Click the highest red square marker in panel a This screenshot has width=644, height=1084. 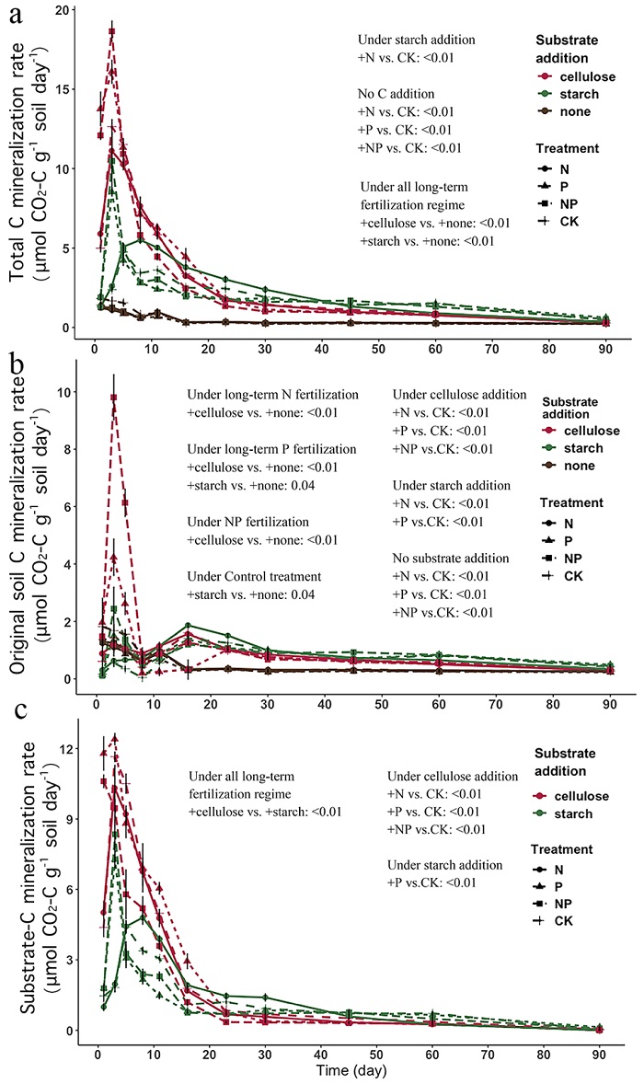[x=112, y=31]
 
